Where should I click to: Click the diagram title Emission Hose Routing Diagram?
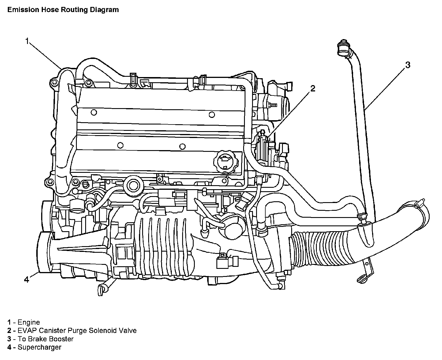pyautogui.click(x=63, y=10)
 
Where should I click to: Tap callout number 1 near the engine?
pyautogui.click(x=27, y=41)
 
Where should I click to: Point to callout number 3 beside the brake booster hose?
pyautogui.click(x=407, y=65)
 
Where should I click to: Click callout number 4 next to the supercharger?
pyautogui.click(x=26, y=279)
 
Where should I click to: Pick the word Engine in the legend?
pyautogui.click(x=29, y=322)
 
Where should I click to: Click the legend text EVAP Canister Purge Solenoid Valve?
pyautogui.click(x=77, y=331)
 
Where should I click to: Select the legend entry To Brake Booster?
pyautogui.click(x=45, y=339)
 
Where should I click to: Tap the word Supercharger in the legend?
pyautogui.click(x=39, y=347)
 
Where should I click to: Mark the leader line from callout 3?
pyautogui.click(x=386, y=88)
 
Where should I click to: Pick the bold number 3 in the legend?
pyautogui.click(x=9, y=339)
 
